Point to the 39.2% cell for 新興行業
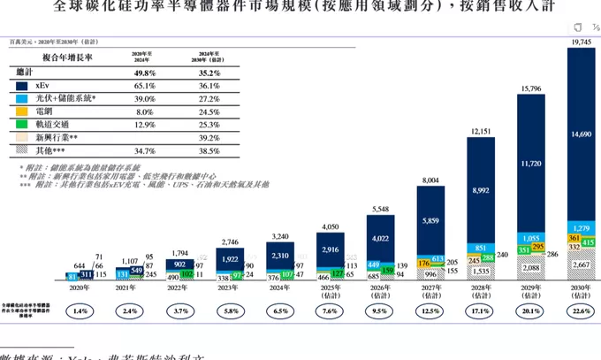(x=209, y=139)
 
